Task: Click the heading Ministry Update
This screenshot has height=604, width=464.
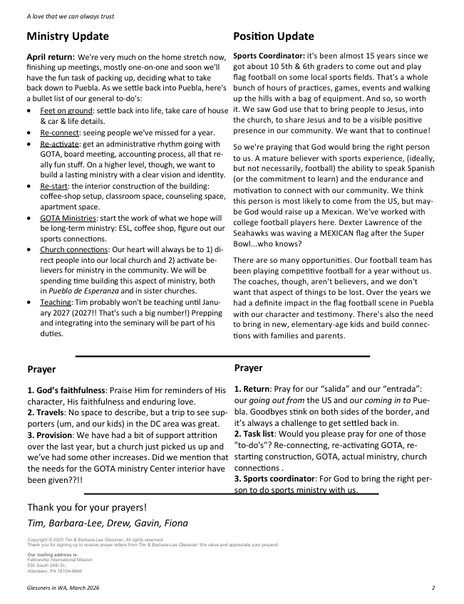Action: click(68, 36)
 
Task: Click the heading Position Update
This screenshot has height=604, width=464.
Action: click(274, 36)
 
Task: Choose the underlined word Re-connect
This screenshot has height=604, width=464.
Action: click(59, 132)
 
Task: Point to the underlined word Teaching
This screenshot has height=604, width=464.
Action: click(57, 302)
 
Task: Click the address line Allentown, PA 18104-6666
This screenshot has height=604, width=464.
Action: click(55, 571)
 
